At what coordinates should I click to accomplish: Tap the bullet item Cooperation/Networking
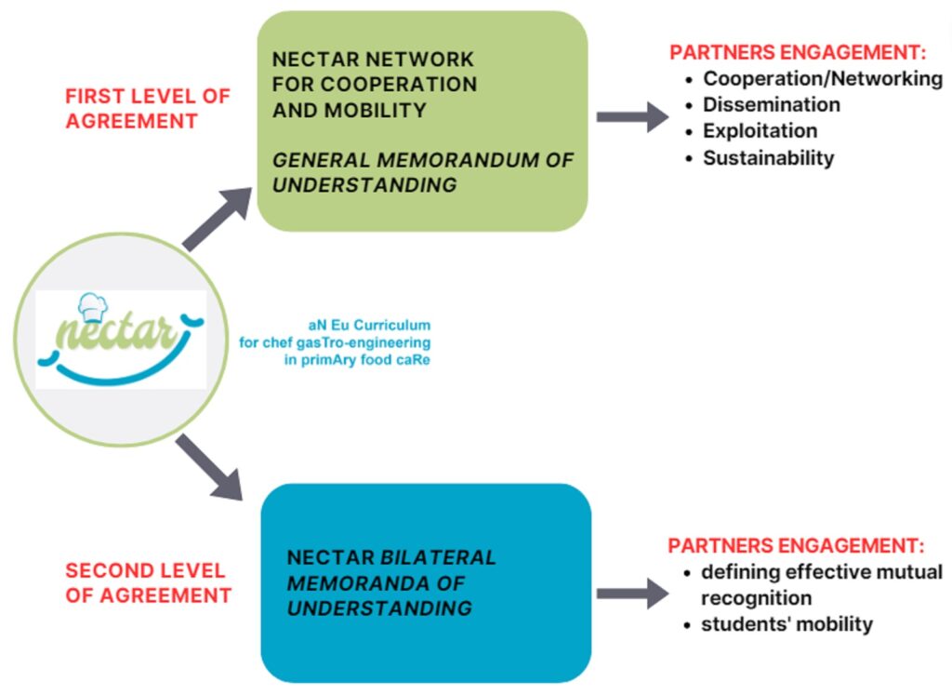click(822, 78)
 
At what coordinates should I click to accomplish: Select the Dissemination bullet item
click(771, 104)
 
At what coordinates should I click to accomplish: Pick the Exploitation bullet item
click(760, 130)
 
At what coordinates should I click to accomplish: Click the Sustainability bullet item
click(768, 157)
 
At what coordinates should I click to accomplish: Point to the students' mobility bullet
click(787, 623)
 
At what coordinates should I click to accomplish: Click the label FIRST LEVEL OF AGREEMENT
click(147, 108)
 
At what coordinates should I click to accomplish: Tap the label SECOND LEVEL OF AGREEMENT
click(147, 582)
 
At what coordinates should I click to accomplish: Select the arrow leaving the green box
click(632, 116)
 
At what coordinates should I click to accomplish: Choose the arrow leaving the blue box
click(632, 593)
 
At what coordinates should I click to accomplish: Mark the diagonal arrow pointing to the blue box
click(209, 466)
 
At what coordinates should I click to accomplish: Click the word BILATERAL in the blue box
click(439, 558)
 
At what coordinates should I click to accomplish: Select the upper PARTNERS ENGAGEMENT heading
click(798, 52)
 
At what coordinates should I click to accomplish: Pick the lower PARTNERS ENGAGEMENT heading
click(798, 545)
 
